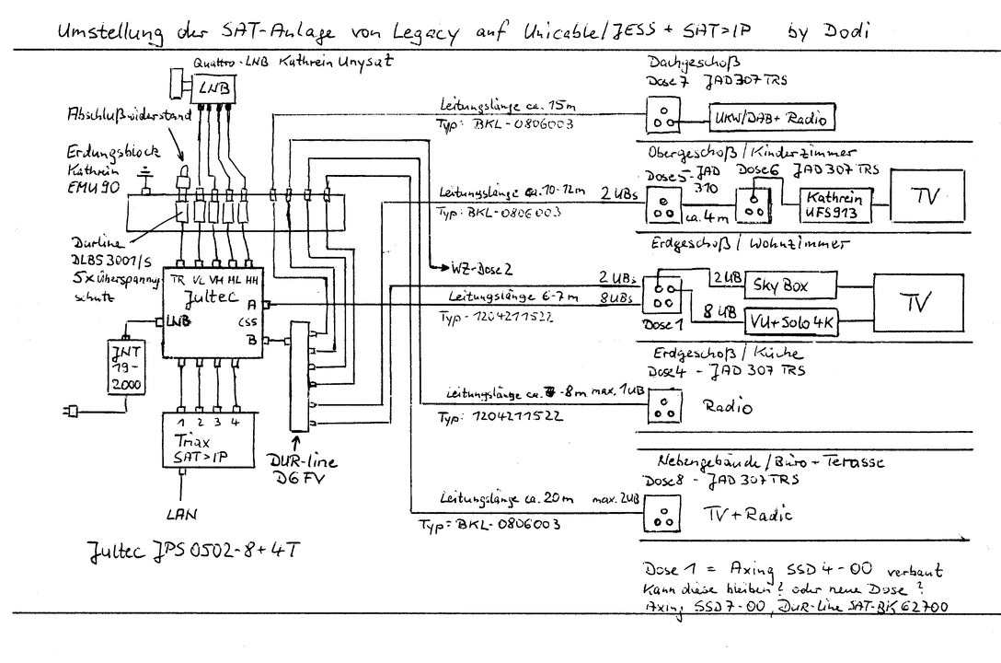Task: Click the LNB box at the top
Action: tap(214, 87)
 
